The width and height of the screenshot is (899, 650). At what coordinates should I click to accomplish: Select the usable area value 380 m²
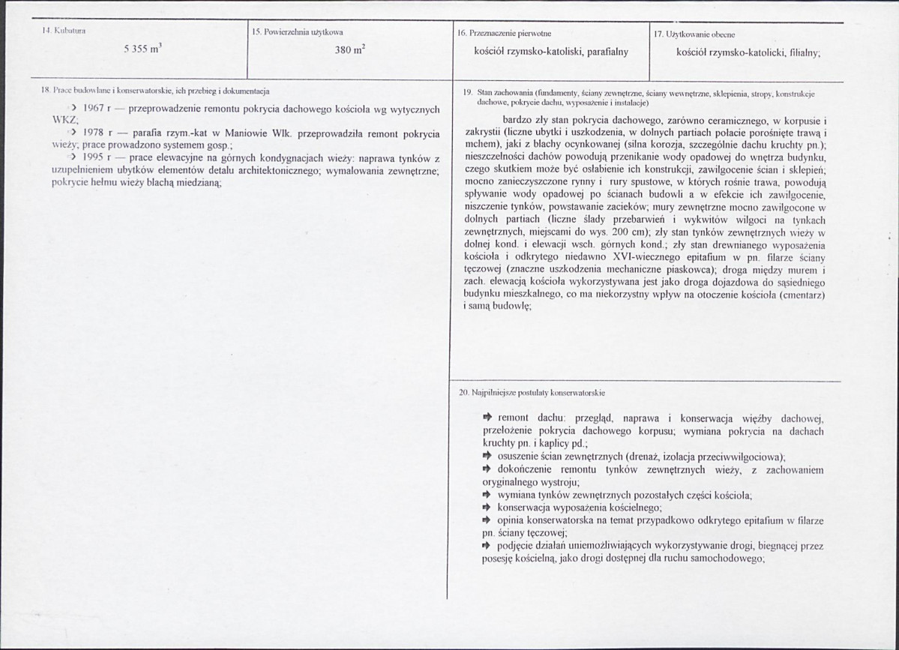coord(349,51)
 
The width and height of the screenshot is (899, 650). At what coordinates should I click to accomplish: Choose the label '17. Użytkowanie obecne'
coord(694,33)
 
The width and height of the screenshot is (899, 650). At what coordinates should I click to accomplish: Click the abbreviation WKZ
coord(65,120)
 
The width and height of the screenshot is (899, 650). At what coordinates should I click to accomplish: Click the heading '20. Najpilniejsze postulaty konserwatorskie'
coord(532,392)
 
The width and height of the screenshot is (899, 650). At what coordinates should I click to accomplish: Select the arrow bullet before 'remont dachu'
coord(487,416)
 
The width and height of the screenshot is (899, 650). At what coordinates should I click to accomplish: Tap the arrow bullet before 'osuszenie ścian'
coord(487,456)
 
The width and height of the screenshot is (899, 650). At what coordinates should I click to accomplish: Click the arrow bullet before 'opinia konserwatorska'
coord(487,520)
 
